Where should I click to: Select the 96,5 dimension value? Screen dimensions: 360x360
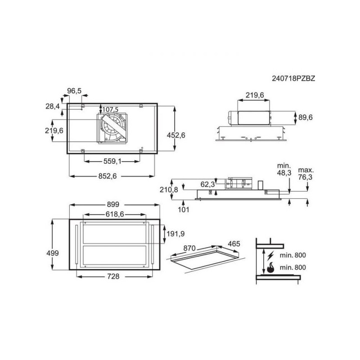pos(74,91)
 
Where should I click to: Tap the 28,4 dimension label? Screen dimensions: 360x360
pos(53,106)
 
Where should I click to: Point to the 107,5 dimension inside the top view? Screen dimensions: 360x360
pos(110,109)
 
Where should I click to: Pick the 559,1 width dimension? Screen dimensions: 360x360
pos(112,162)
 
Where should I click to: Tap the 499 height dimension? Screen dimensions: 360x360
pos(53,253)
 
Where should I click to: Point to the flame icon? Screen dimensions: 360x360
pos(270,268)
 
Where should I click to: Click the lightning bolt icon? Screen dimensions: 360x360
pos(270,255)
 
